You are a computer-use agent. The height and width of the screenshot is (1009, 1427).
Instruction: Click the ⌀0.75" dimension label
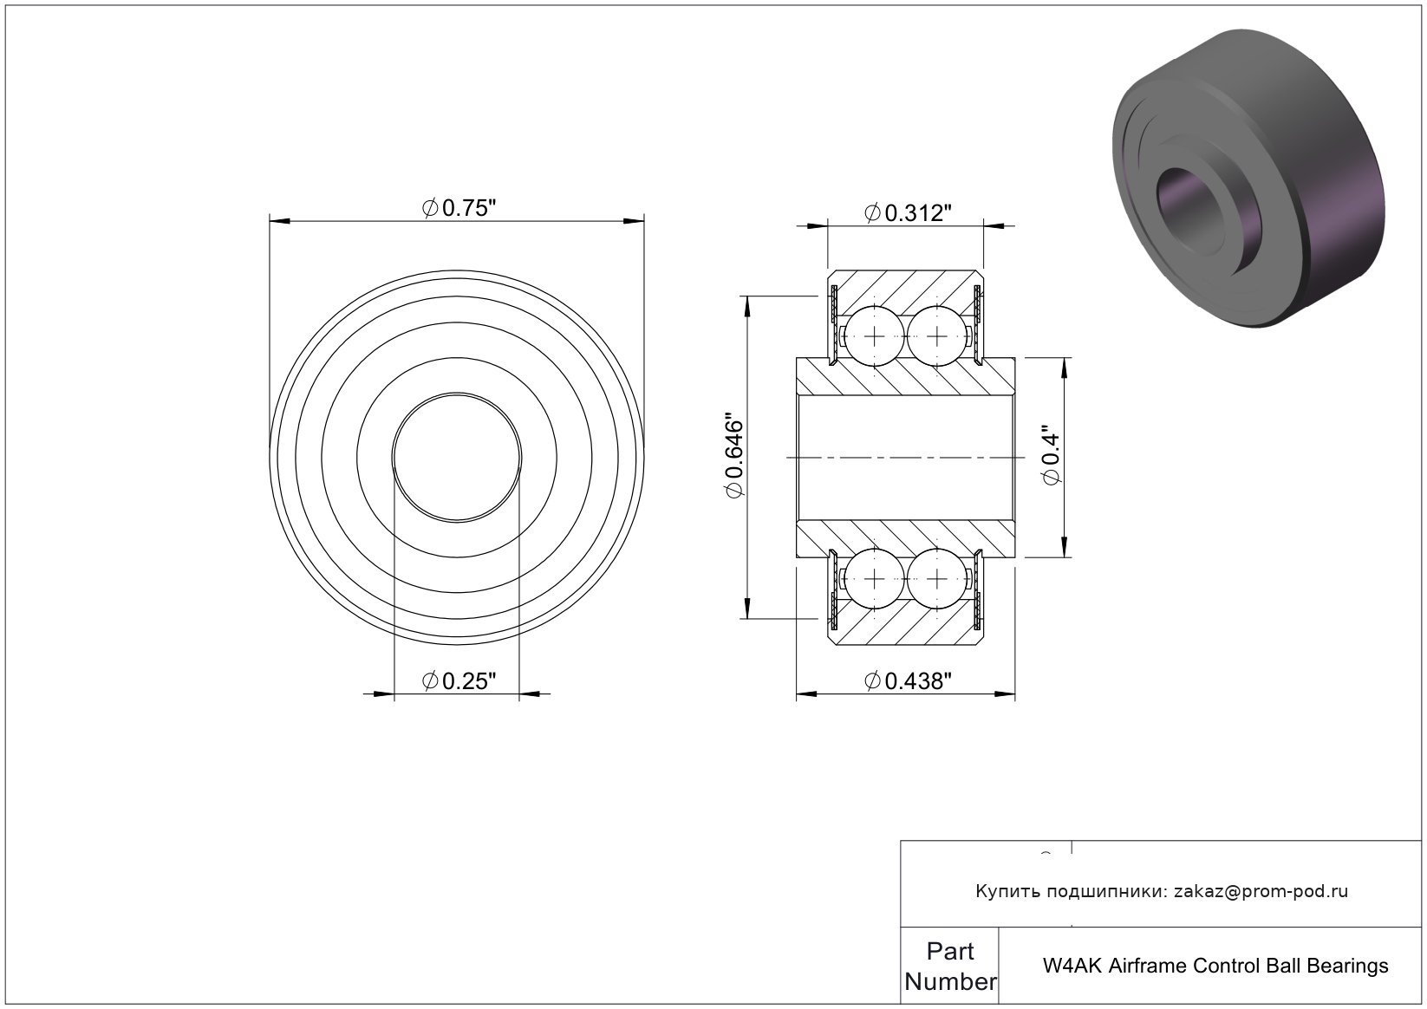459,208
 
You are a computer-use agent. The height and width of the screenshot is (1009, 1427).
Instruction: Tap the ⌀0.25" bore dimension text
459,681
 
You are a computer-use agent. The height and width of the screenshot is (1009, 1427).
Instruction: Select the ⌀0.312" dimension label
908,212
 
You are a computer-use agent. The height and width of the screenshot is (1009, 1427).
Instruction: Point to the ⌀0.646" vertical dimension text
734,458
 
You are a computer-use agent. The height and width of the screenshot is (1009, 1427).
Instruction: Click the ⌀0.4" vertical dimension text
1052,459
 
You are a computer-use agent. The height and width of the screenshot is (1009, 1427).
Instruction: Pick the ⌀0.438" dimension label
908,681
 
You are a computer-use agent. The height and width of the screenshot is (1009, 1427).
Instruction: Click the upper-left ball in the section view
875,336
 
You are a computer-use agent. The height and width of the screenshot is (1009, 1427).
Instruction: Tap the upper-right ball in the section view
936,336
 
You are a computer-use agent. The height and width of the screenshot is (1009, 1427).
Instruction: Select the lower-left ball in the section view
875,579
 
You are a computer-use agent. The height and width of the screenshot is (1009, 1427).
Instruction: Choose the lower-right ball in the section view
936,579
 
